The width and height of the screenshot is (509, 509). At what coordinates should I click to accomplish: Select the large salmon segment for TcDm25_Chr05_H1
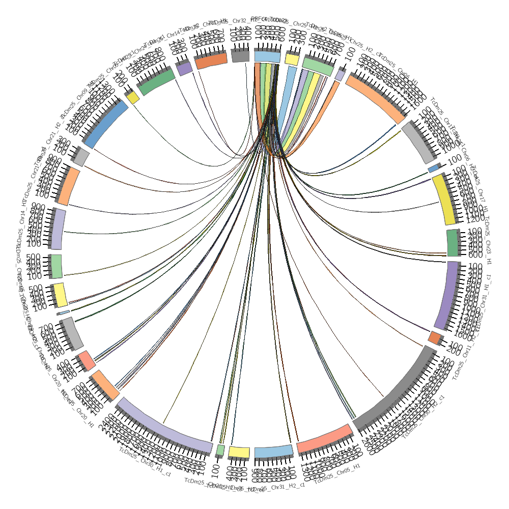click(x=325, y=438)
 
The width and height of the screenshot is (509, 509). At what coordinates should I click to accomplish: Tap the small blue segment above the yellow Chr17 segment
click(x=433, y=168)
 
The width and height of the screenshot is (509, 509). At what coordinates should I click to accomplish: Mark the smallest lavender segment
click(x=340, y=75)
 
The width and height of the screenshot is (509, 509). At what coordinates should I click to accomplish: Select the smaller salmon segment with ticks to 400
click(x=87, y=360)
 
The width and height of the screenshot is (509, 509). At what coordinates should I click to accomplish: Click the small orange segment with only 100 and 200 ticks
click(x=435, y=337)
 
